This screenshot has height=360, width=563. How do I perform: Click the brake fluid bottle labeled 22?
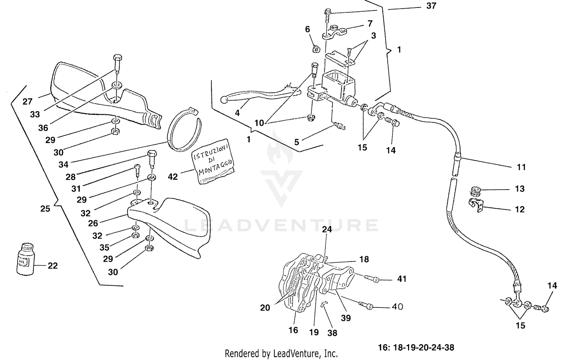click(26, 259)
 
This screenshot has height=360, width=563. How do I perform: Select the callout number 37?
click(431, 6)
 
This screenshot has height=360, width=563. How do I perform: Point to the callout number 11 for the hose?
click(521, 167)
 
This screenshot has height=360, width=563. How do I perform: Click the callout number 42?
click(172, 176)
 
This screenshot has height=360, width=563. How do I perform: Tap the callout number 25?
click(45, 209)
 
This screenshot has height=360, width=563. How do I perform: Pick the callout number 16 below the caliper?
click(293, 330)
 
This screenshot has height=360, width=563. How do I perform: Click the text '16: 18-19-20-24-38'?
click(416, 347)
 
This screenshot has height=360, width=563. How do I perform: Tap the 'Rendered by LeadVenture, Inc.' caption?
click(281, 353)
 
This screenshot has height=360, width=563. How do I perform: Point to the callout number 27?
click(27, 101)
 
